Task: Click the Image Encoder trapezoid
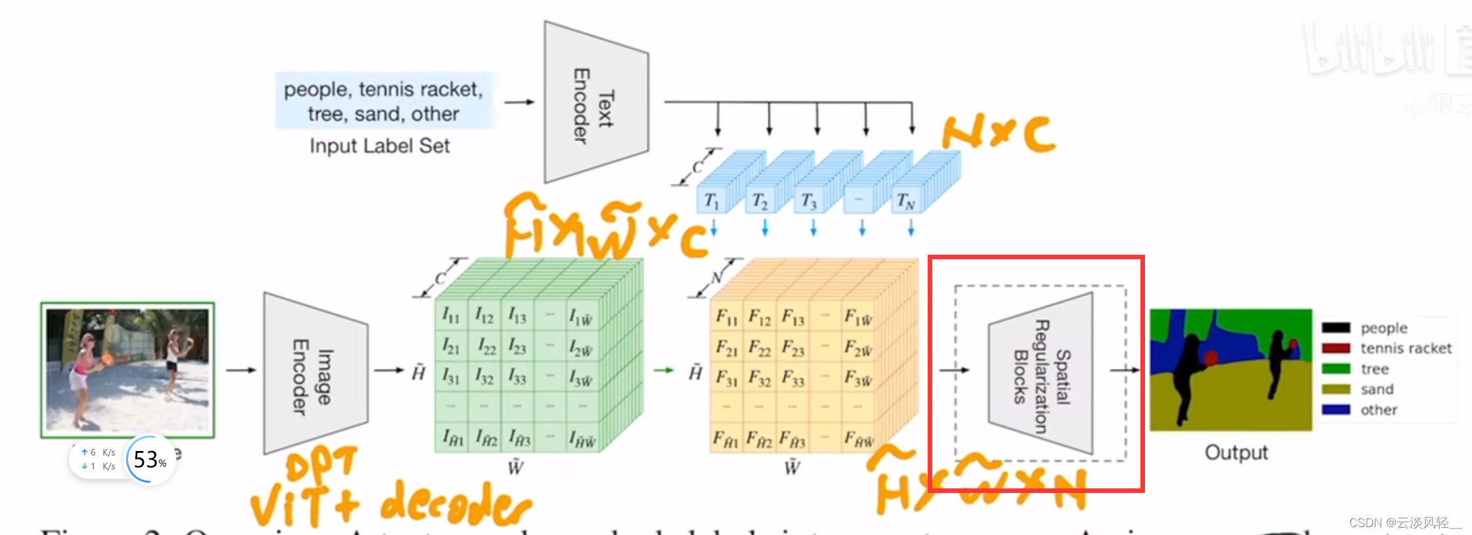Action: [314, 373]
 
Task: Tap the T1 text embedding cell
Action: [712, 200]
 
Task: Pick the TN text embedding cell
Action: [906, 200]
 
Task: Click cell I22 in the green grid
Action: [486, 346]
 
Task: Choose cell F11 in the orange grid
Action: [726, 317]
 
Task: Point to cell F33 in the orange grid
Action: [793, 378]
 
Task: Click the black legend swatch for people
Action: [1335, 328]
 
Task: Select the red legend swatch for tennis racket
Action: [1335, 348]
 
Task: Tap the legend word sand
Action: [1377, 389]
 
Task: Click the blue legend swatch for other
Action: [1335, 410]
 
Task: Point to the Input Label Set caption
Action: [379, 146]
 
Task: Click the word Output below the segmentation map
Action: [1236, 452]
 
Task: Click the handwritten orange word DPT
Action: [322, 464]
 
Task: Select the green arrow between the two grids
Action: [664, 370]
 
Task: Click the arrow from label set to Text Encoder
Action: [519, 102]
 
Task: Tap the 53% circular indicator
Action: [150, 460]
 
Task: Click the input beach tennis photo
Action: [127, 370]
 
